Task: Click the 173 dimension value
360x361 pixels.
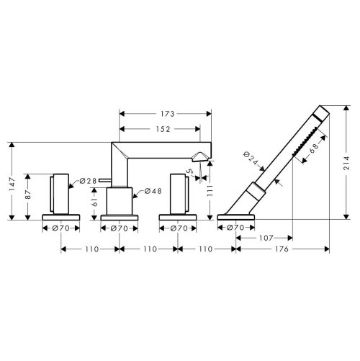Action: (x=168, y=114)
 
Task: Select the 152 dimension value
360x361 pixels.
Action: (x=163, y=129)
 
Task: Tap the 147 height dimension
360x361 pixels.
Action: (x=12, y=184)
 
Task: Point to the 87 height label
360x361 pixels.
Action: (x=28, y=195)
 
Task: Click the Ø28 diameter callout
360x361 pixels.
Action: (x=88, y=181)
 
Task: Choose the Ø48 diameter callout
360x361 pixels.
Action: (x=153, y=191)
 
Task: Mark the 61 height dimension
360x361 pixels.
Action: (x=95, y=202)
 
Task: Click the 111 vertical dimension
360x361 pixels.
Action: (x=210, y=190)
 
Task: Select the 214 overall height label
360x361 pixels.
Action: (x=346, y=163)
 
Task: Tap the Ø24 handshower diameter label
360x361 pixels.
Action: (x=251, y=158)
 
